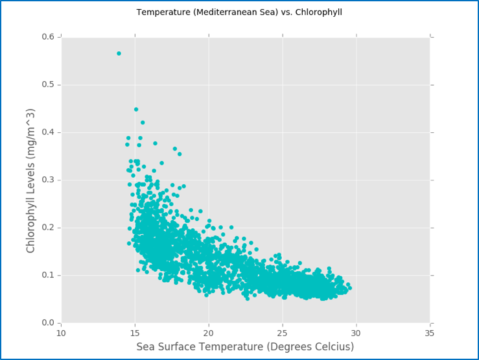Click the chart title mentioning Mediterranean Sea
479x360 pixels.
[x=239, y=12]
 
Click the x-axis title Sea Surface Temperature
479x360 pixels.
[x=245, y=347]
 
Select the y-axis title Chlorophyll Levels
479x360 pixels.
[x=31, y=180]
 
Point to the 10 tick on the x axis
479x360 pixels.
[x=61, y=333]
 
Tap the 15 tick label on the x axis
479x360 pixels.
[x=135, y=333]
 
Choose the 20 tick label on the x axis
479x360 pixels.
[x=209, y=333]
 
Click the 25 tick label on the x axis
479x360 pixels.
[x=282, y=333]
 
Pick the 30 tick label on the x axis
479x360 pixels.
[x=356, y=333]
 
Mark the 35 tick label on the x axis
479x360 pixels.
[x=430, y=333]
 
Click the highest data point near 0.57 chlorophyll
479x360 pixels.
[x=119, y=53]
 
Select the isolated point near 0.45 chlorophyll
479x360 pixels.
[x=136, y=110]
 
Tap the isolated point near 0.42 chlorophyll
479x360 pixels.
[x=143, y=123]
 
